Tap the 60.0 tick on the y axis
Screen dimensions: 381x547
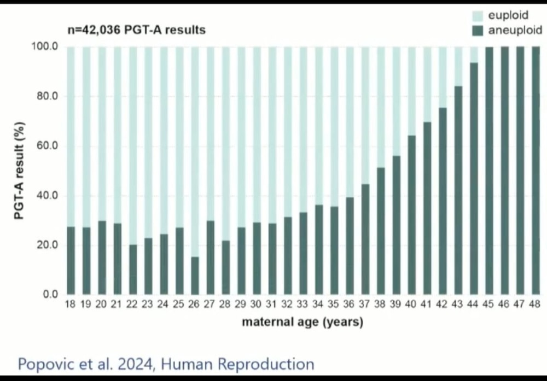pos(47,146)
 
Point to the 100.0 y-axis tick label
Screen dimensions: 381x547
pos(45,46)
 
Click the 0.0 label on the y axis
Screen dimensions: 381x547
pos(50,295)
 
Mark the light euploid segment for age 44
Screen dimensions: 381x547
pos(474,55)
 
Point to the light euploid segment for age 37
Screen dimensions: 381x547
pos(365,115)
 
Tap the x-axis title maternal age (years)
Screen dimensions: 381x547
pos(302,323)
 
